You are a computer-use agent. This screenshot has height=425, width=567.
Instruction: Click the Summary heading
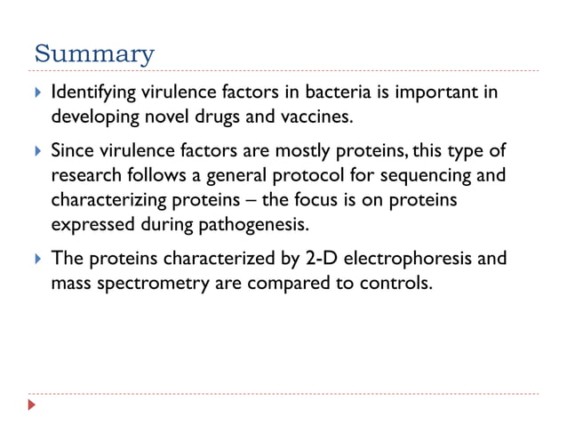point(93,54)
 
